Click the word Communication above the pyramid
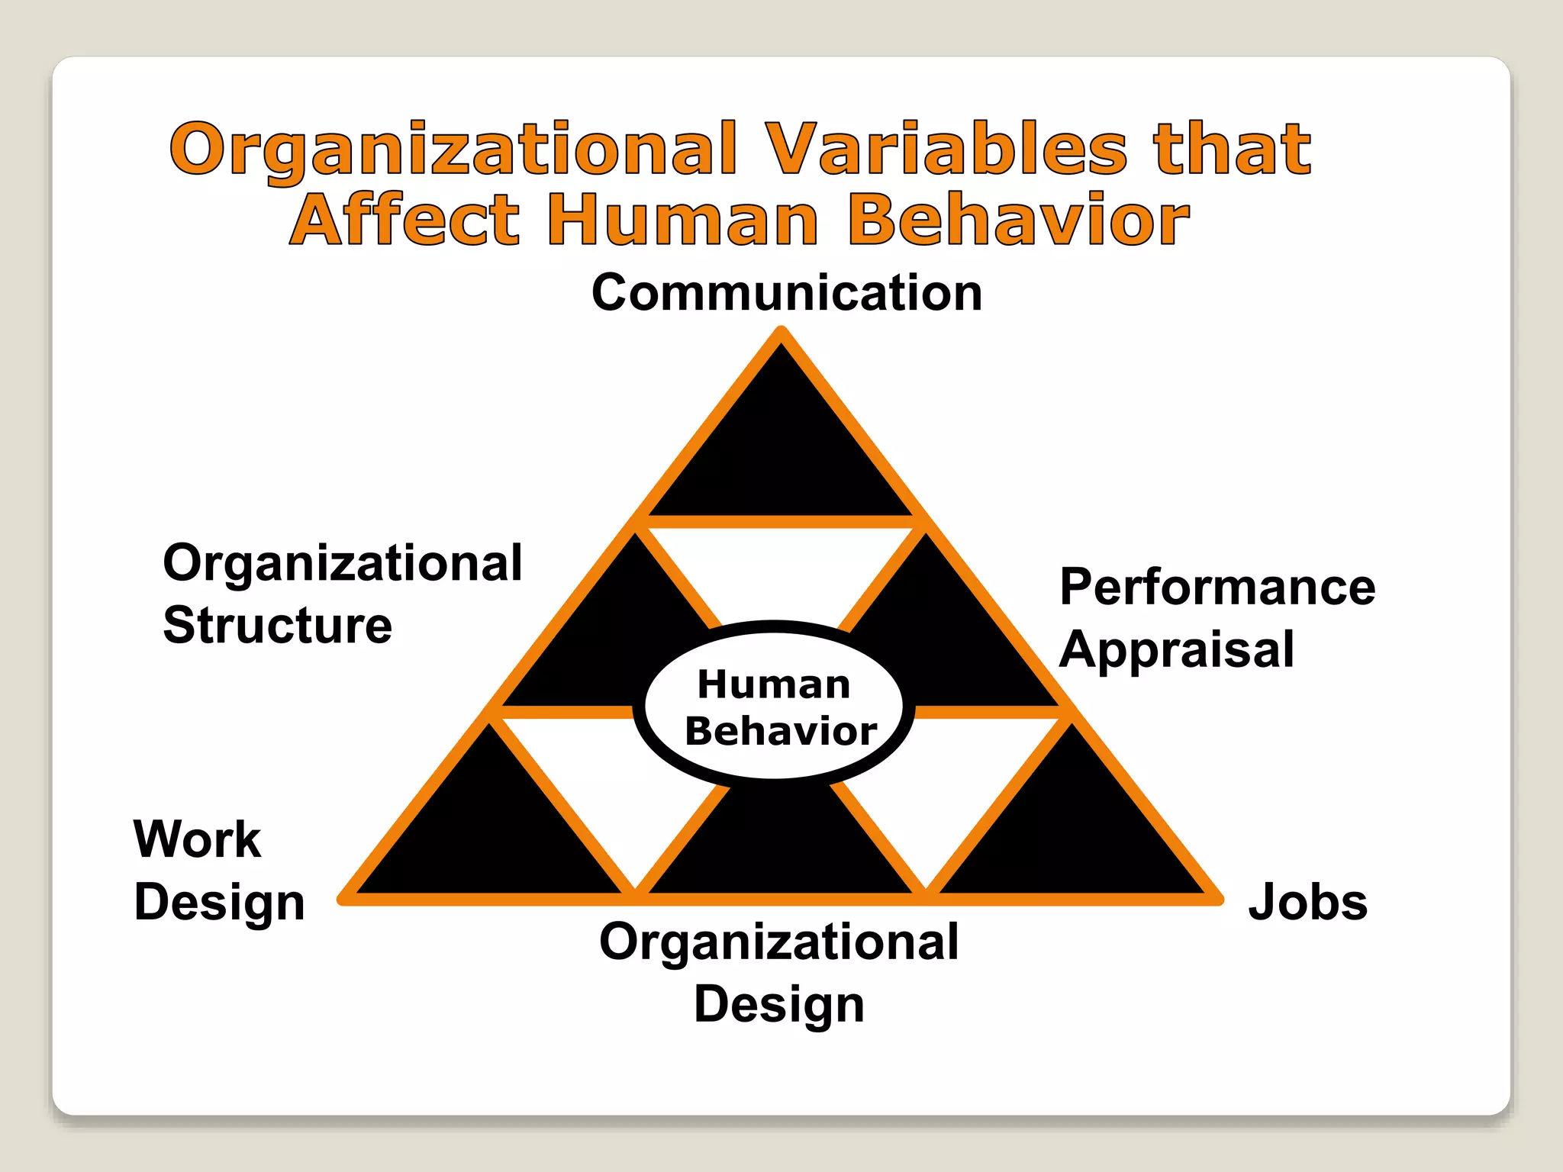tap(787, 293)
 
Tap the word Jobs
tap(1307, 902)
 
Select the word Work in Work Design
tap(197, 839)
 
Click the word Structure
tap(278, 626)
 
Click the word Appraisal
tap(1177, 650)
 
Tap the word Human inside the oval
tap(774, 684)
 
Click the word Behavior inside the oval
tap(781, 731)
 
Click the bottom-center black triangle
tap(780, 847)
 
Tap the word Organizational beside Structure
tap(343, 563)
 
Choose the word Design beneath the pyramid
tap(779, 1004)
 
